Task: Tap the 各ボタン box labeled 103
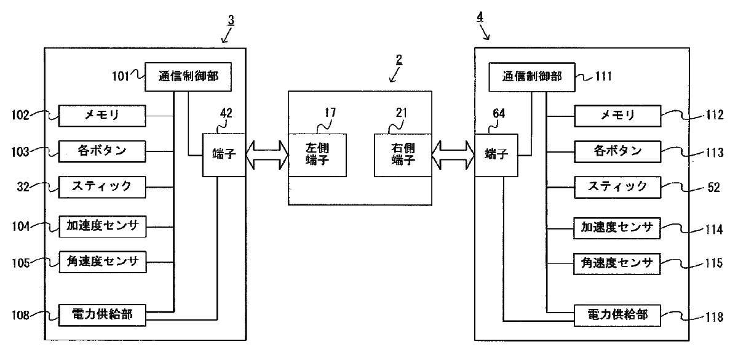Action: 102,150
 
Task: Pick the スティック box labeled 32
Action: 102,185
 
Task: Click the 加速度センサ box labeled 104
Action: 102,227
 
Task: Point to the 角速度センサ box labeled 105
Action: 102,262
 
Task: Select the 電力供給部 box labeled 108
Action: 102,315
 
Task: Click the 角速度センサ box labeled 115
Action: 617,264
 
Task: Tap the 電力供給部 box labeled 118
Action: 617,316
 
